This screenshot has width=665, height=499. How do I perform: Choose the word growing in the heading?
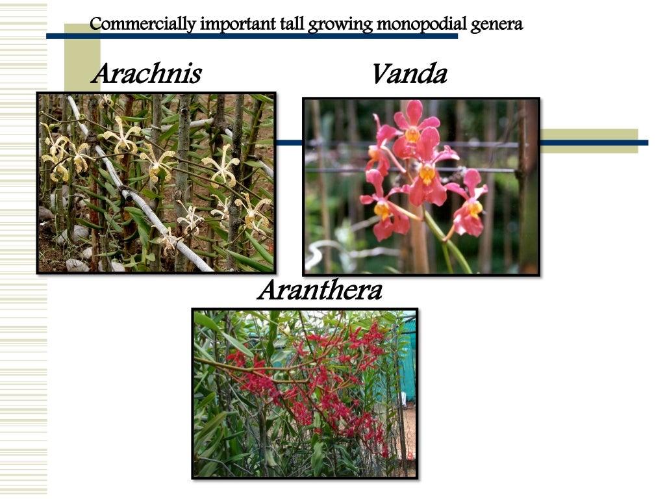tap(340, 25)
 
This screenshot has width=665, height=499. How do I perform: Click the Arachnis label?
tap(145, 73)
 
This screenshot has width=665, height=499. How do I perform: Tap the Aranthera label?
tap(320, 290)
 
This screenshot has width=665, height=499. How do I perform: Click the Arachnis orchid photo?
tap(156, 183)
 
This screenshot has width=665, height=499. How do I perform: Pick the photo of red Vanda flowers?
tap(421, 186)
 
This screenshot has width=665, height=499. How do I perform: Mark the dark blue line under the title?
tap(260, 36)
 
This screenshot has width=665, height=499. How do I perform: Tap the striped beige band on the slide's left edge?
tap(23, 260)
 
